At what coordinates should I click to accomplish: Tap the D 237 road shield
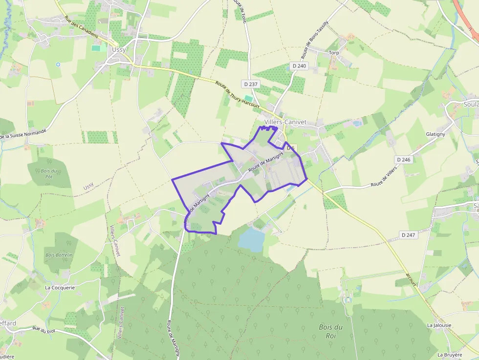point(250,84)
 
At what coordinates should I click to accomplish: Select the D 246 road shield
point(404,160)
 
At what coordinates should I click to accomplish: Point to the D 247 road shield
point(408,235)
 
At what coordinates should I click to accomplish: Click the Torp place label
point(334,53)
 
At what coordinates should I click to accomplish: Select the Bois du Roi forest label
point(331,331)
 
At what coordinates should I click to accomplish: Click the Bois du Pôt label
point(50,173)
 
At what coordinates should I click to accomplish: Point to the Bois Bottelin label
point(59,255)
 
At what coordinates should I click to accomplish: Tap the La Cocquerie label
point(60,288)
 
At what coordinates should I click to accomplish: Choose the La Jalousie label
point(439,325)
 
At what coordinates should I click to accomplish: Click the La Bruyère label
point(450,355)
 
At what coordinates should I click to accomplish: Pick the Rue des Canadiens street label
point(82,27)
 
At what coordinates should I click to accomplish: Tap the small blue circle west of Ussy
point(58,64)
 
